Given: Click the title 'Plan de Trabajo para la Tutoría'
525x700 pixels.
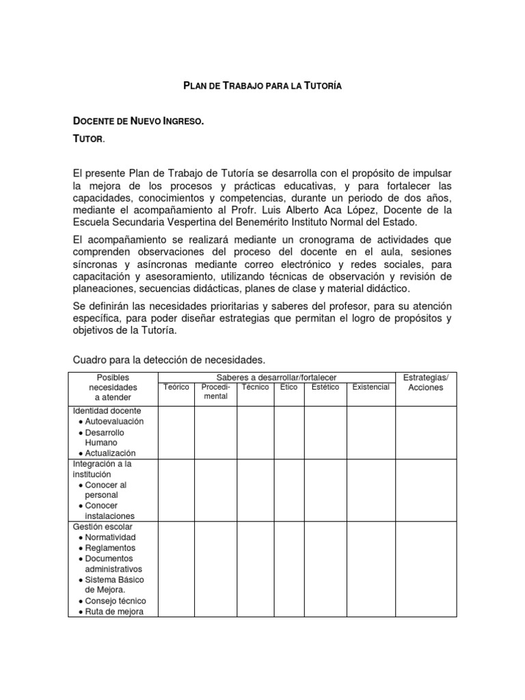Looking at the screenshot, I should tap(262, 86).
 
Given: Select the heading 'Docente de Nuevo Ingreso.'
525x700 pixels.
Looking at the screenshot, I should tap(138, 122).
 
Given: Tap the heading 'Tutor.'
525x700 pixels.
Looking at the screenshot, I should tap(89, 139).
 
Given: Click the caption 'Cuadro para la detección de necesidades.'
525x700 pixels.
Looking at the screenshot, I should tap(168, 360).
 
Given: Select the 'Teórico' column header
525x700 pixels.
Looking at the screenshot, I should tap(176, 388).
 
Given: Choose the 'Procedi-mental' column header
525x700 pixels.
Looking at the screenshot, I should tap(215, 392).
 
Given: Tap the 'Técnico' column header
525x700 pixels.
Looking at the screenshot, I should tap(255, 388).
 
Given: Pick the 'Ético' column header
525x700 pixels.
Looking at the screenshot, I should tap(288, 388).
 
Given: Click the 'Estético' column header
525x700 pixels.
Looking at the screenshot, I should tap(325, 388).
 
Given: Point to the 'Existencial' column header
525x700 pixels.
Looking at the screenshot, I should tap(371, 388).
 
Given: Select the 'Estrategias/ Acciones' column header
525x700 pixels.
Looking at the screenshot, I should tap(425, 382).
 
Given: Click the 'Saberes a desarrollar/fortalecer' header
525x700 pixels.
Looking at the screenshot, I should tap(276, 377).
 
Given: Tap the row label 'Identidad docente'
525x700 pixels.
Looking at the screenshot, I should tap(107, 411).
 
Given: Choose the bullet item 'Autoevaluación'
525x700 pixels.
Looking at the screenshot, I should tap(114, 422).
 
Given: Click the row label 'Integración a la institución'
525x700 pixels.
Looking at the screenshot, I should tap(103, 469).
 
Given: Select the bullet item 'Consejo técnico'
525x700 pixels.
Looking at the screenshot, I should tap(115, 601).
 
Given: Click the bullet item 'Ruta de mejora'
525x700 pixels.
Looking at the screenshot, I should tap(114, 612).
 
